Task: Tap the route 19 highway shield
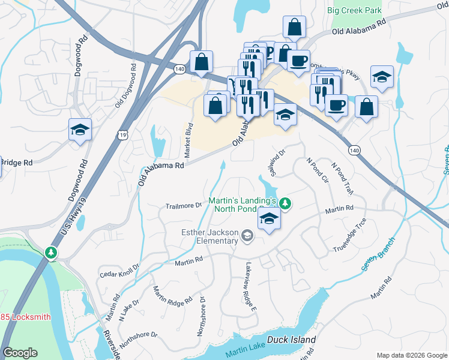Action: [x=122, y=136]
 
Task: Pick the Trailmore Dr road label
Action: [x=184, y=206]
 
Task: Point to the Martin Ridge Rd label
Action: [x=172, y=295]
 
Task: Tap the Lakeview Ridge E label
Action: [x=250, y=288]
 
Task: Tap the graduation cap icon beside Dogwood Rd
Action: [x=80, y=129]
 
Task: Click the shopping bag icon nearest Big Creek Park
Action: [x=295, y=26]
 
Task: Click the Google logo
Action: [x=20, y=353]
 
